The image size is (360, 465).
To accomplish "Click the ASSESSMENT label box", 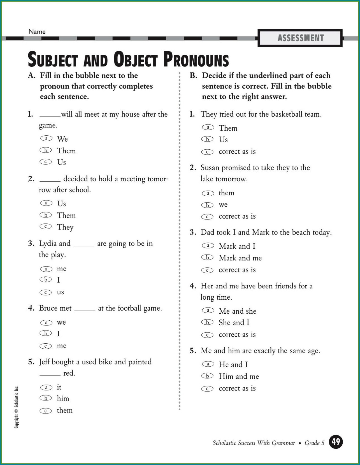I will (x=300, y=38).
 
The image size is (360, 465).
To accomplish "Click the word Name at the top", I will (x=37, y=32).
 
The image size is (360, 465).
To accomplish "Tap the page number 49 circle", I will (x=336, y=442).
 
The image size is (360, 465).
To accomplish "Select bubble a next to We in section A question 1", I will (x=46, y=138).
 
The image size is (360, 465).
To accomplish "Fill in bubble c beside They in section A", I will (x=46, y=226).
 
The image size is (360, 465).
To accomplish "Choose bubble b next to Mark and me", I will (x=208, y=257).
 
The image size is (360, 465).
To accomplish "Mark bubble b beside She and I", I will (x=208, y=322).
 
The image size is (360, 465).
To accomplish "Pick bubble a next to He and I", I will (x=208, y=364).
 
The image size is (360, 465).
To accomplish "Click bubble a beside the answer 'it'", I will (x=46, y=387).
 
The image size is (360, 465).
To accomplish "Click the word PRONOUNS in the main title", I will (x=196, y=60).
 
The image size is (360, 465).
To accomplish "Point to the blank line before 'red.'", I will (x=50, y=375).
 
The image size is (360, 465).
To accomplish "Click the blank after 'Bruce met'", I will (x=85, y=310).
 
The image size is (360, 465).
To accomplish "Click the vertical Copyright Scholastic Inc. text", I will (x=17, y=407).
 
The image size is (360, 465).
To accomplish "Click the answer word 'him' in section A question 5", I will (x=63, y=399).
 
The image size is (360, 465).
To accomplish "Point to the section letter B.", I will (x=193, y=76).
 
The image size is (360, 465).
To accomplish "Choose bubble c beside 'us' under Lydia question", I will (x=46, y=292).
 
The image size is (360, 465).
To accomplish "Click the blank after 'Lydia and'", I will (x=84, y=245).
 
